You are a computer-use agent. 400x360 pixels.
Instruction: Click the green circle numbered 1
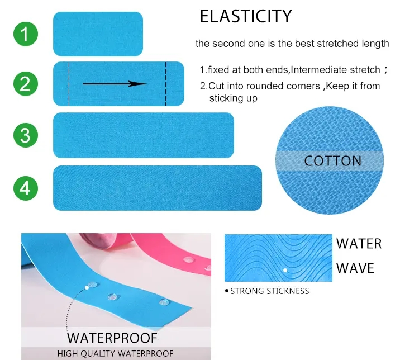[26, 34]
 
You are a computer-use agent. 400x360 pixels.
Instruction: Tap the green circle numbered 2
[26, 84]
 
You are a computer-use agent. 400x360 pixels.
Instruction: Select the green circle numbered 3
[26, 135]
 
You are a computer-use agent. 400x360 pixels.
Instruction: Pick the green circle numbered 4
[26, 188]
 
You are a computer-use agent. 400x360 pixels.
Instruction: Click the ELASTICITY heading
[246, 16]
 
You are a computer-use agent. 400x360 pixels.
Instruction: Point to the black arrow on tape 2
[115, 84]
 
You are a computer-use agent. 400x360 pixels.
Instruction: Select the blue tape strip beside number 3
[143, 135]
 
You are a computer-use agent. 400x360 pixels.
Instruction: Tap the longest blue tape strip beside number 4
[157, 188]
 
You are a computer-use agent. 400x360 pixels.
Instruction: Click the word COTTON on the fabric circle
[333, 162]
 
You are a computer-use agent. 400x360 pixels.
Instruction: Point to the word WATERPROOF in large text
[112, 338]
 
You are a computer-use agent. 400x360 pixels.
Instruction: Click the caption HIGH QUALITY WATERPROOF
[115, 353]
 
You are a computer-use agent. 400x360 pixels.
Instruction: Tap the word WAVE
[355, 268]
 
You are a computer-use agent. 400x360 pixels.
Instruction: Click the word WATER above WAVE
[359, 244]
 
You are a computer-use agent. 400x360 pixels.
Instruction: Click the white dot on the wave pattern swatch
[285, 270]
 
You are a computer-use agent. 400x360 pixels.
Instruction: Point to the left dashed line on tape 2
[69, 84]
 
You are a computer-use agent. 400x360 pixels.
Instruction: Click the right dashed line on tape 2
[165, 84]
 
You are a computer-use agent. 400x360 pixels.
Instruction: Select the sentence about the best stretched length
[292, 44]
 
